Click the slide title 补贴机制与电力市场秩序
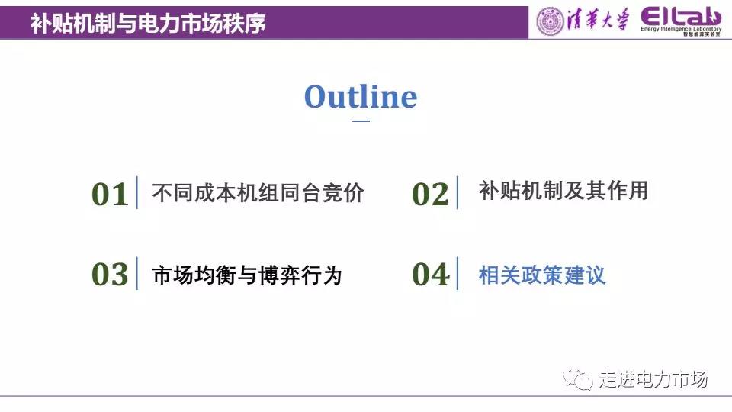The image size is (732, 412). click(148, 23)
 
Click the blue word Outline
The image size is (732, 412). click(361, 97)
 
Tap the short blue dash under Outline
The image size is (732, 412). click(361, 121)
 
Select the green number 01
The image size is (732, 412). click(110, 195)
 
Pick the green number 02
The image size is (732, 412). click(430, 195)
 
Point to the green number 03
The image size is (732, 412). click(110, 274)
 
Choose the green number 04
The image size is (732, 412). click(430, 274)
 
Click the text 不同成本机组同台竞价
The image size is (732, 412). click(258, 192)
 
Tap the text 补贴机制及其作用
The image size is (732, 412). click(563, 191)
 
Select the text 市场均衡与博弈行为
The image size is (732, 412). click(247, 275)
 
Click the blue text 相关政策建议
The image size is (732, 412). click(542, 275)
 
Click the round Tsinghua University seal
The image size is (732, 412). click(551, 21)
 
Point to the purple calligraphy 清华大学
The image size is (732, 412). click(598, 20)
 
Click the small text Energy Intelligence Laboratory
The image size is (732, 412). click(681, 29)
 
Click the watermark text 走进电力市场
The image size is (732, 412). click(653, 379)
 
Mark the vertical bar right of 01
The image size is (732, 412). click(136, 192)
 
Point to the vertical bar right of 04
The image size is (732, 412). click(457, 273)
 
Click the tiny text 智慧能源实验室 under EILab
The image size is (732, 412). click(701, 34)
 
